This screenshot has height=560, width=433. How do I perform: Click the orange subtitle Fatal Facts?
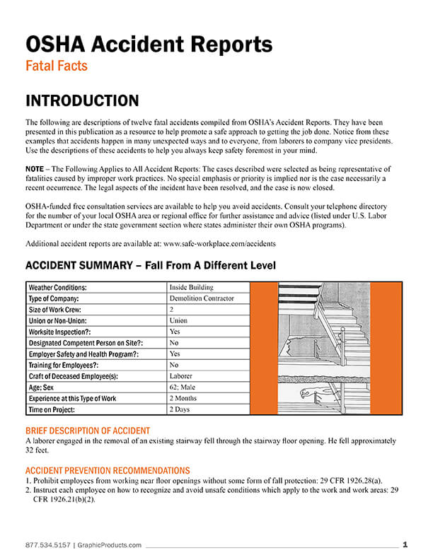click(56, 66)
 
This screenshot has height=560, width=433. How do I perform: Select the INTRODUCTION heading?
click(82, 100)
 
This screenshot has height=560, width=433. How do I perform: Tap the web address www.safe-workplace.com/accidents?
click(219, 243)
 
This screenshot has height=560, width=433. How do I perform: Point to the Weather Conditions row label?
click(57, 288)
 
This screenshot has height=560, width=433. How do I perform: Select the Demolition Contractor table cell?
click(202, 298)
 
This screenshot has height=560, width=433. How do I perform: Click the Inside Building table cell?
click(190, 288)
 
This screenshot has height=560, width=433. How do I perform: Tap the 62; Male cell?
click(183, 387)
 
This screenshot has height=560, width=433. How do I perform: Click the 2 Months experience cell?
click(185, 398)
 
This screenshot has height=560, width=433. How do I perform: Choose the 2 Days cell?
click(180, 409)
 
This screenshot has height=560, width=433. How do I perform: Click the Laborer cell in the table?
click(182, 376)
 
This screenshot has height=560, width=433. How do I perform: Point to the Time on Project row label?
click(54, 409)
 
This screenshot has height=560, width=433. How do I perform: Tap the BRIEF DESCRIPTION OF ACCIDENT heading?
click(87, 431)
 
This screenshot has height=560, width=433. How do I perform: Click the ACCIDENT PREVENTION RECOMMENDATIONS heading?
click(107, 470)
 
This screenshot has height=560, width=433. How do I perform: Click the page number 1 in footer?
click(405, 544)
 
